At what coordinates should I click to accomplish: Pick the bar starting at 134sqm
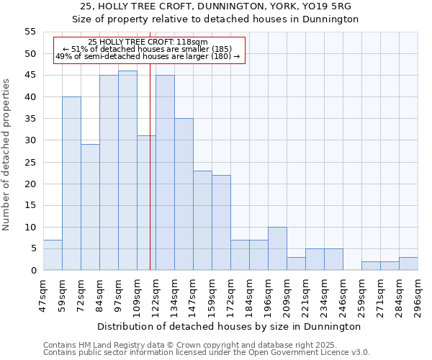click(184, 194)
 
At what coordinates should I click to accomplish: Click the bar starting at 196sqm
click(277, 248)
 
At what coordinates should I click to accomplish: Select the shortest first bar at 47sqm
click(53, 255)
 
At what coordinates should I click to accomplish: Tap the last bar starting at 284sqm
click(408, 264)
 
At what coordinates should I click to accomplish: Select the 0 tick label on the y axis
click(32, 270)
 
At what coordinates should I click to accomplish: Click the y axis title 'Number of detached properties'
click(7, 155)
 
